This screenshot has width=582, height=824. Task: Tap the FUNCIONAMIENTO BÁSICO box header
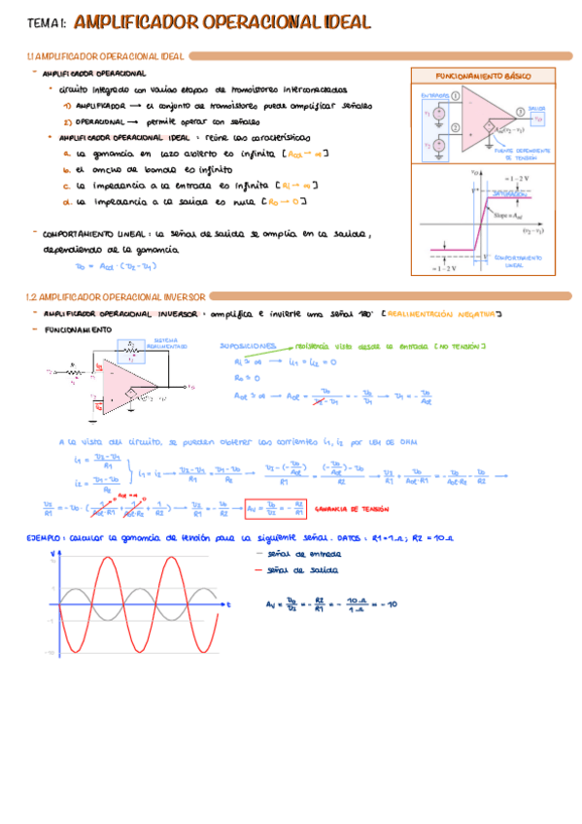click(483, 75)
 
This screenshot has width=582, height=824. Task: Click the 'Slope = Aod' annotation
click(505, 214)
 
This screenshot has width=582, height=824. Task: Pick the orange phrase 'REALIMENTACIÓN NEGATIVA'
click(439, 314)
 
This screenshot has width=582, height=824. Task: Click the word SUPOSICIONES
click(249, 346)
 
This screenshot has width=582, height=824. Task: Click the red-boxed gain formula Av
click(276, 507)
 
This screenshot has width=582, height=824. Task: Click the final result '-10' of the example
click(391, 604)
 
